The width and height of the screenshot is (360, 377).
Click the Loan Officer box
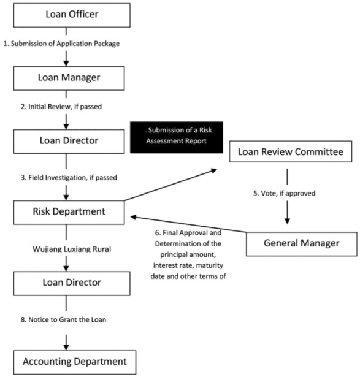[x=72, y=15]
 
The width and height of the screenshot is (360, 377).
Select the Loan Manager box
[x=69, y=78]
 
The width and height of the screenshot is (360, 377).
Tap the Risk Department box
[x=69, y=212]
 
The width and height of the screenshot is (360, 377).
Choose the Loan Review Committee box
[x=291, y=151]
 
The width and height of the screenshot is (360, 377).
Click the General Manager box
[x=302, y=244]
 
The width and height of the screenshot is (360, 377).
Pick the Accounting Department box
[x=75, y=362]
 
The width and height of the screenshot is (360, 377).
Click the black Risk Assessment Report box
[x=177, y=137]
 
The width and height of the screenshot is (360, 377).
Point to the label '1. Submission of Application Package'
[x=61, y=44]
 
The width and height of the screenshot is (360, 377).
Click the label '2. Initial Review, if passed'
[x=61, y=107]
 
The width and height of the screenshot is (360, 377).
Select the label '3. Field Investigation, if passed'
[x=69, y=177]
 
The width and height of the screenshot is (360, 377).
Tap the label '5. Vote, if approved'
[x=284, y=193]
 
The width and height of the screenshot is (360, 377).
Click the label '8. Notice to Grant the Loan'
[x=64, y=319]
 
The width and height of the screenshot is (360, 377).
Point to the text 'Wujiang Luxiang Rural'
[x=72, y=249]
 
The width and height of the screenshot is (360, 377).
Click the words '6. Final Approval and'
[x=188, y=233]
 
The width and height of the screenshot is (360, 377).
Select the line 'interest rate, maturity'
[x=188, y=265]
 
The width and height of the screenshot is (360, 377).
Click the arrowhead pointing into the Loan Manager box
[x=66, y=63]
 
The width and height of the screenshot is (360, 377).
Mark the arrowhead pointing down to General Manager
[x=287, y=221]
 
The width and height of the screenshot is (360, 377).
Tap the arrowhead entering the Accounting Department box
[x=66, y=347]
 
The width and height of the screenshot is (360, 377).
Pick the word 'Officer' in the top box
[x=83, y=14]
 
